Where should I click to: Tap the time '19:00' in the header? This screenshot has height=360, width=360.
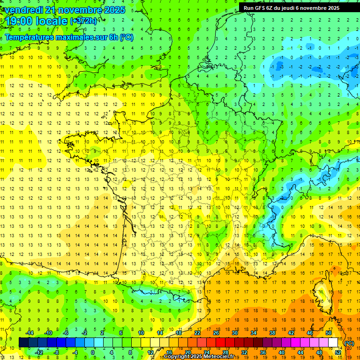click(x=19, y=21)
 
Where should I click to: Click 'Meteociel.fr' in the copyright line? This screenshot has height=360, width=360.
click(x=221, y=357)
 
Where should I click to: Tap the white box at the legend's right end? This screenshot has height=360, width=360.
click(x=333, y=342)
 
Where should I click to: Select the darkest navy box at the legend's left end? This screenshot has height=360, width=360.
click(x=24, y=342)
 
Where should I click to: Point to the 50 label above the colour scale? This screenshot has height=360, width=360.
click(x=329, y=332)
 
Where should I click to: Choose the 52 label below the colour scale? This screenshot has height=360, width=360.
click(x=338, y=352)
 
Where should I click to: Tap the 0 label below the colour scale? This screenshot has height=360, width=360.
click(x=93, y=352)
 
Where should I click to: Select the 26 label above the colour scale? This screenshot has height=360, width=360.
click(x=216, y=332)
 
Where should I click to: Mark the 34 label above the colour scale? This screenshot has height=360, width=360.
click(x=254, y=332)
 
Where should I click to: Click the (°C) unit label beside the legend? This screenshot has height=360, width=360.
click(x=350, y=343)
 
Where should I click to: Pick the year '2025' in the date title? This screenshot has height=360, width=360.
click(x=114, y=10)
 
